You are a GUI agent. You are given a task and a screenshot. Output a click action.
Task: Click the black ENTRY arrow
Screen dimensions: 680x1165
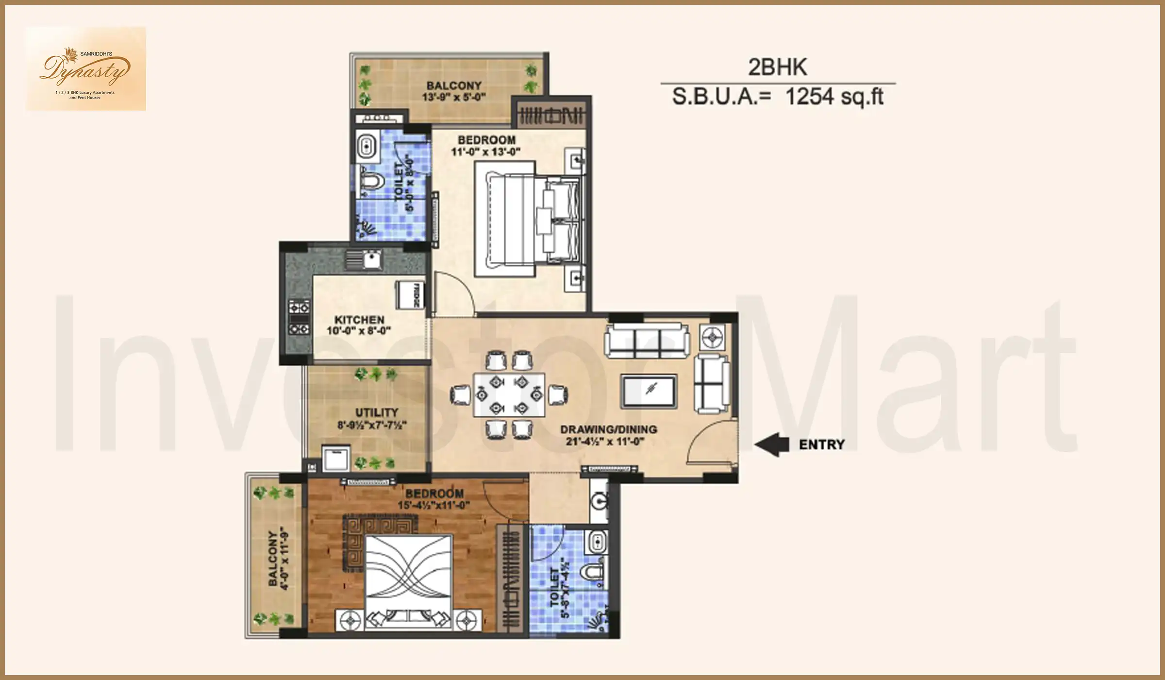[x=771, y=444]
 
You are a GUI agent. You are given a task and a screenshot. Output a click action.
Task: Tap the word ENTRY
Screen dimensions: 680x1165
[x=821, y=444]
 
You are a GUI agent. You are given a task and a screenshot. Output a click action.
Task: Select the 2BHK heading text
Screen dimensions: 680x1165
[x=777, y=67]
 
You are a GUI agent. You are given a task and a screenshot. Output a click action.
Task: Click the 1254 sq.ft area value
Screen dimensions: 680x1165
[x=834, y=97]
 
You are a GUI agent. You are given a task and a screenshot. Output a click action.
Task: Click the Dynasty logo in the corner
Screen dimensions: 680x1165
[x=85, y=69]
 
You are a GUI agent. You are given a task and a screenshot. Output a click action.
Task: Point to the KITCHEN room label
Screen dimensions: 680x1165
[x=359, y=320]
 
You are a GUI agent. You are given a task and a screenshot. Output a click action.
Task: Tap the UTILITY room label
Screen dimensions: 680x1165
[x=376, y=412]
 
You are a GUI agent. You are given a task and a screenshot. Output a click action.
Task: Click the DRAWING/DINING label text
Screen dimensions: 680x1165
[x=608, y=429]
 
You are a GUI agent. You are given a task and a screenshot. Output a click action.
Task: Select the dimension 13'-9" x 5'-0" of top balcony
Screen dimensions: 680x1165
[x=453, y=97]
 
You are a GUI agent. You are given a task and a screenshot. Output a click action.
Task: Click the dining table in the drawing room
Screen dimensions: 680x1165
[x=509, y=394]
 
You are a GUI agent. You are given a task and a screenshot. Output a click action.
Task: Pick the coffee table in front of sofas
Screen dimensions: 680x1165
[x=649, y=391]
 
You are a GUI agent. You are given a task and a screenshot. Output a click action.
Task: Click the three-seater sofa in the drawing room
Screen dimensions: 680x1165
[x=647, y=340]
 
